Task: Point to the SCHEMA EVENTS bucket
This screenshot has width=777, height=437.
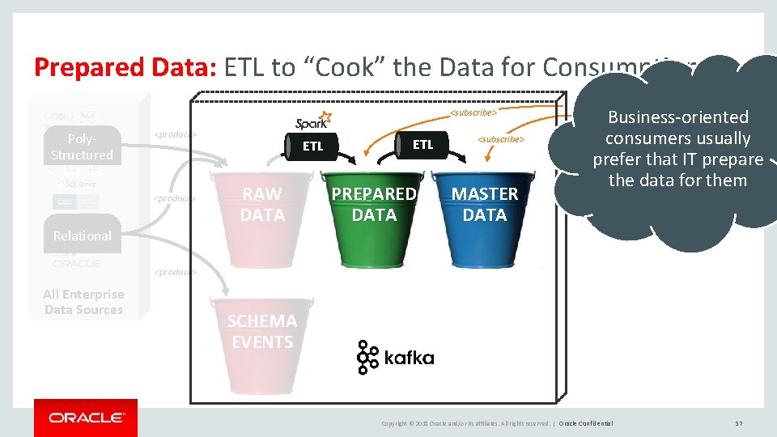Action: coord(261,340)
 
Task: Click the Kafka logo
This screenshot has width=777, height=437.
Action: coord(395,358)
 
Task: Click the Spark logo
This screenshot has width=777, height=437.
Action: coord(312,121)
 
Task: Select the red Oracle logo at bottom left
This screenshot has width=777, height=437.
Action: coord(86,418)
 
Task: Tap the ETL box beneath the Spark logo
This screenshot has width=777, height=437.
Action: coord(312,146)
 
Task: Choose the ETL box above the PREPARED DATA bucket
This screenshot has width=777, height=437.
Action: coord(422,145)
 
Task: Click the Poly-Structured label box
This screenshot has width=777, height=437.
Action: coord(82,147)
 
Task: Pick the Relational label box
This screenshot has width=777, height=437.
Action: coord(82,235)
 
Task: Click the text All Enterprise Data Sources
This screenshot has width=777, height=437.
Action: coord(83,302)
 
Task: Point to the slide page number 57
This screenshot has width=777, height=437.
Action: coord(738,423)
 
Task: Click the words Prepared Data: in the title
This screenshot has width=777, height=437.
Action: coord(125,67)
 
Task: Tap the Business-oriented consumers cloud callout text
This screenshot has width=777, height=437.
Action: coord(677,149)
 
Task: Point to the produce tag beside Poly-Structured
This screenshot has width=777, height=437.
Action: coord(176,134)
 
